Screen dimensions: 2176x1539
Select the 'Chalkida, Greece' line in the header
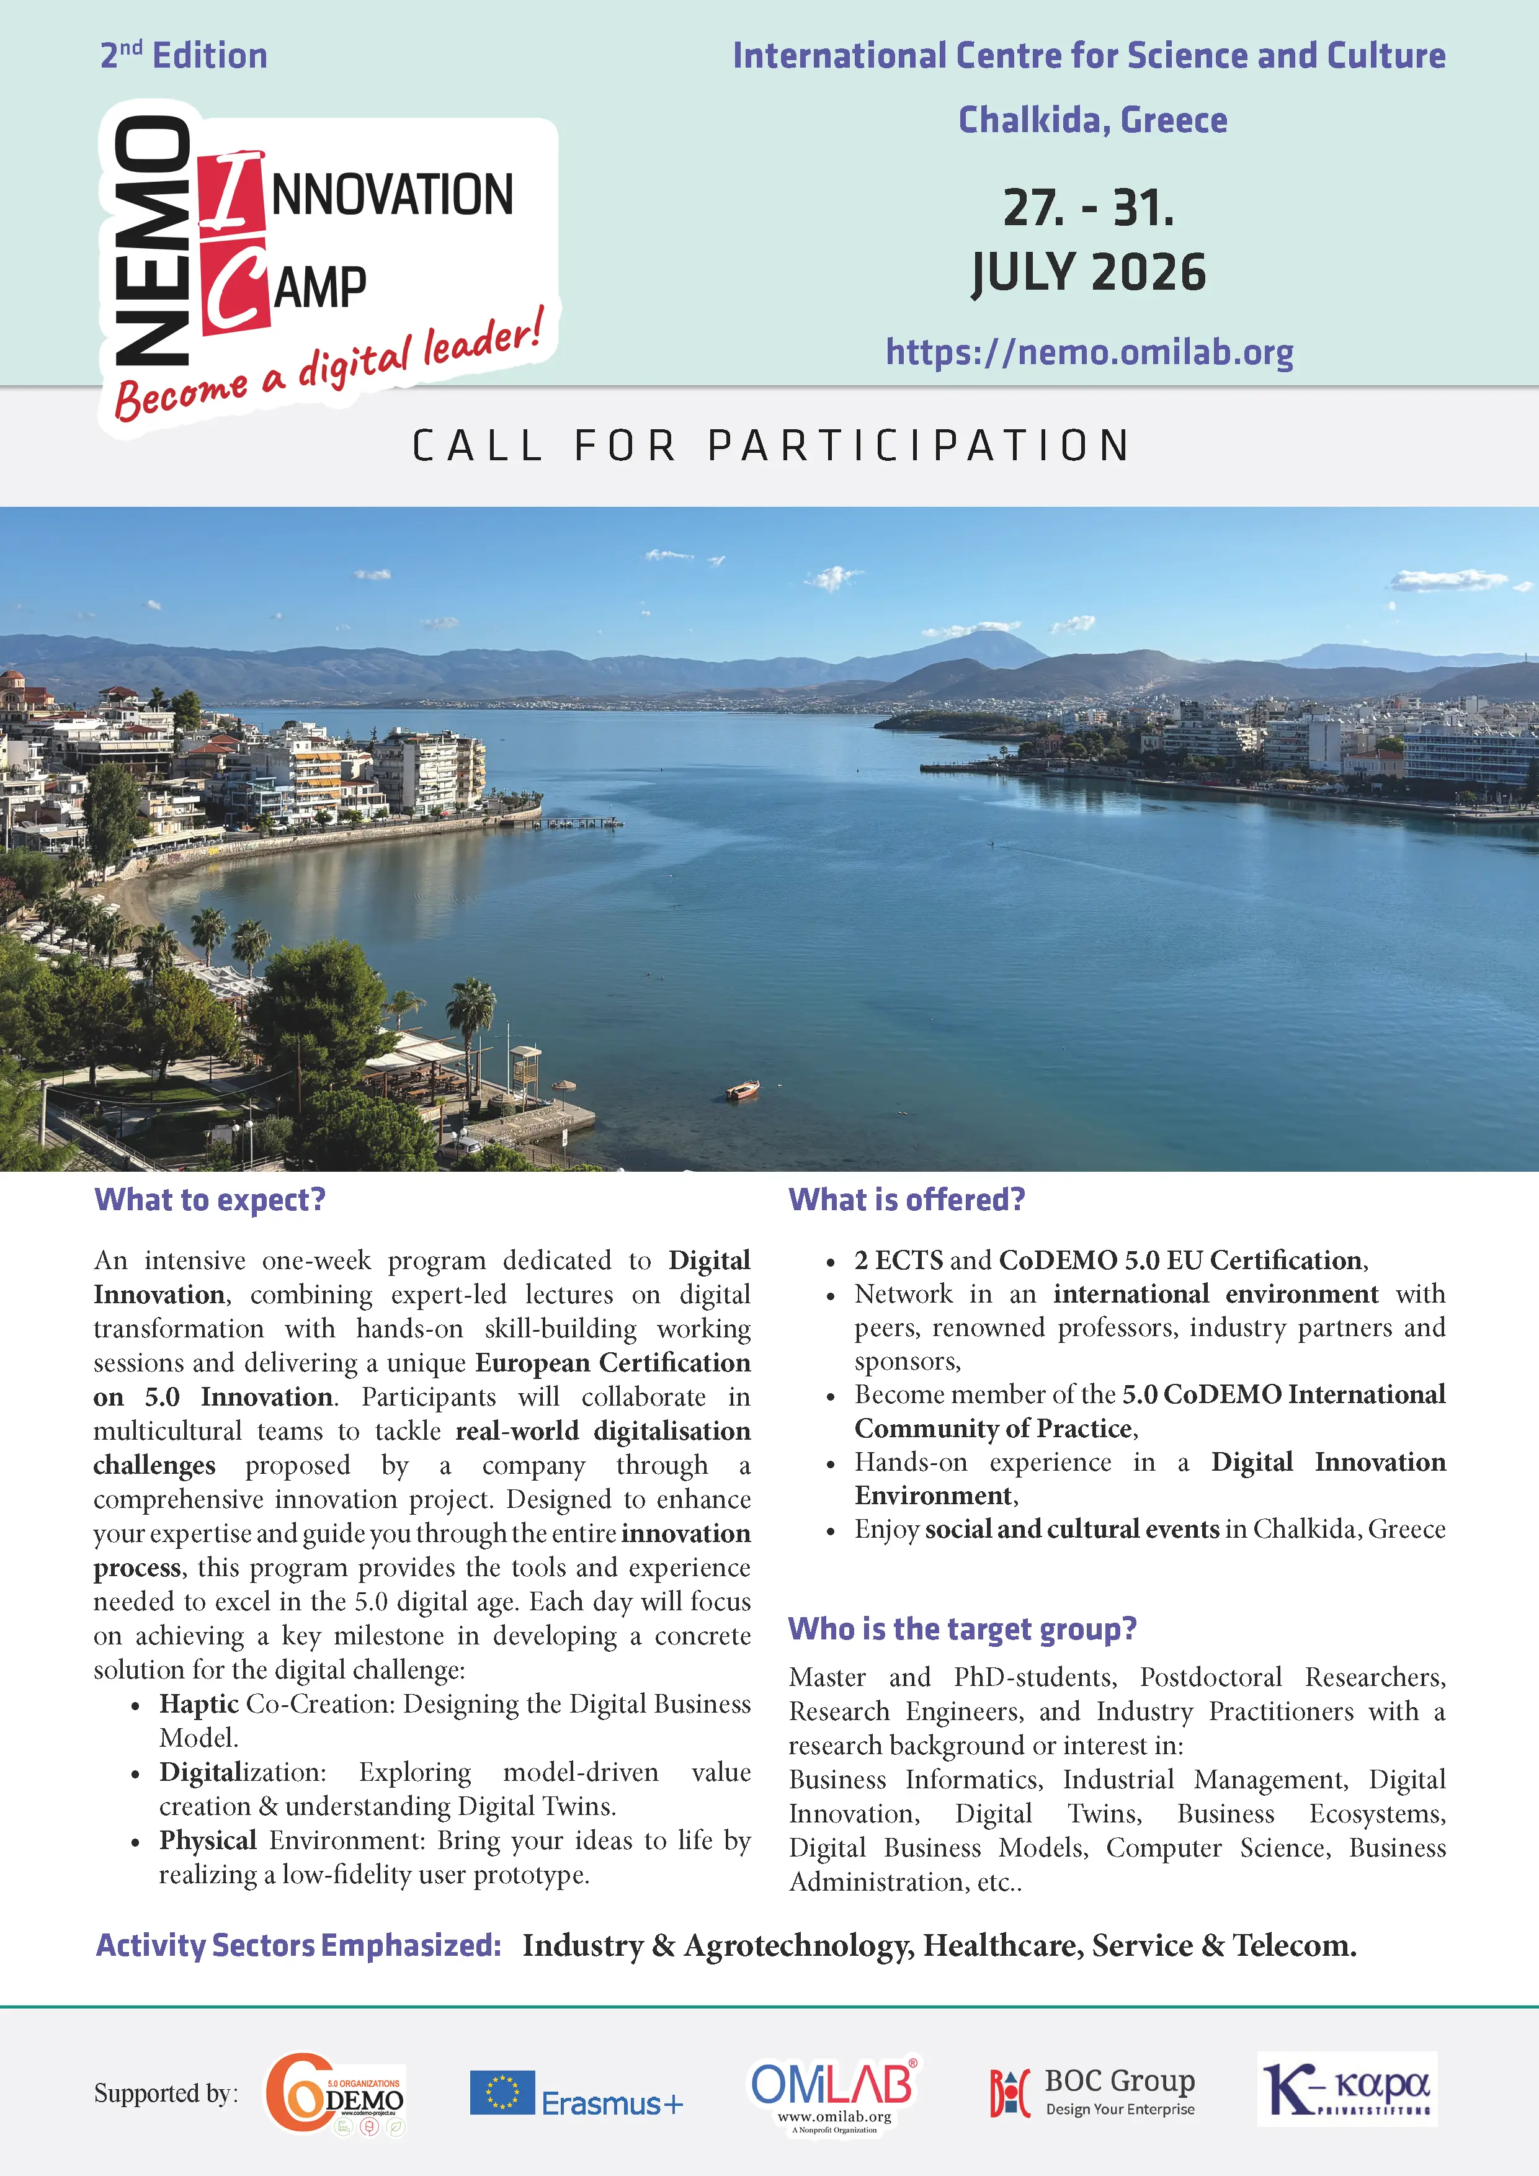pos(1092,120)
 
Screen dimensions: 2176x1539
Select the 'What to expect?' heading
pos(210,1200)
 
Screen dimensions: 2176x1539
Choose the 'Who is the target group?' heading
pos(962,1629)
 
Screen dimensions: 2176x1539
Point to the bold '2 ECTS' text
pos(898,1260)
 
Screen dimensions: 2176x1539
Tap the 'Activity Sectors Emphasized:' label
pos(298,1946)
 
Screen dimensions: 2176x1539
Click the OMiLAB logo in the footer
pos(833,2093)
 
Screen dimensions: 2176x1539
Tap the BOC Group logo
pos(1092,2093)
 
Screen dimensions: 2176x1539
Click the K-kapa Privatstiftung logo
pos(1347,2090)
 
